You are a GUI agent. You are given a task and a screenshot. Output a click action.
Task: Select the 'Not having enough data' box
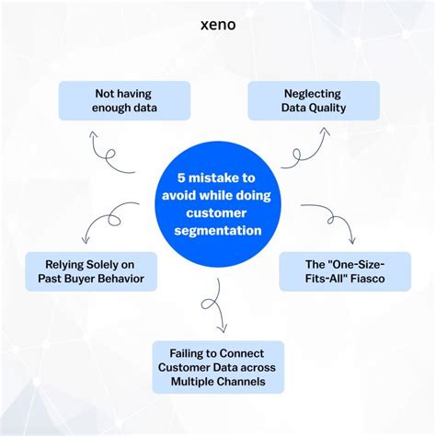coord(124,101)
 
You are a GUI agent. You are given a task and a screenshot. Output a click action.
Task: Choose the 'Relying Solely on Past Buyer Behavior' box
coord(89,271)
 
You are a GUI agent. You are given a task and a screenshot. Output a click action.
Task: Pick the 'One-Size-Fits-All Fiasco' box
coord(345,271)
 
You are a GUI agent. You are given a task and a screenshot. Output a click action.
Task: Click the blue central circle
coord(217,204)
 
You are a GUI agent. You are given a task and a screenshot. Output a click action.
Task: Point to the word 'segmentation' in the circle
coord(217,230)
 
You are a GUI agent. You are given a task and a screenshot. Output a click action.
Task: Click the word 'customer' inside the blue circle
coord(217,212)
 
